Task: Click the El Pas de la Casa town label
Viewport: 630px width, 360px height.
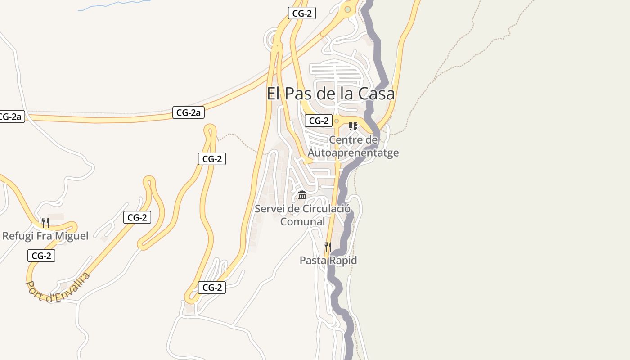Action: coord(331,94)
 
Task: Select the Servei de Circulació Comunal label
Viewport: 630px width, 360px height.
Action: coord(302,215)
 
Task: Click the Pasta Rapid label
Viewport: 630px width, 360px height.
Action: coord(328,260)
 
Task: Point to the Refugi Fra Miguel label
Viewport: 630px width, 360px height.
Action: coord(45,235)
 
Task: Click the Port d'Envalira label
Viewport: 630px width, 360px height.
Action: coord(58,287)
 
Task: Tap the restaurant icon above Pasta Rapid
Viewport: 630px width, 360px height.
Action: coord(328,247)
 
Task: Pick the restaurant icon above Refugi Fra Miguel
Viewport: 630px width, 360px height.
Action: coord(45,222)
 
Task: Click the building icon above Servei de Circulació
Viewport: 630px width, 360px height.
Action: coord(302,195)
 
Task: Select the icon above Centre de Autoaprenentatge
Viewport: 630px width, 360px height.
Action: coord(353,126)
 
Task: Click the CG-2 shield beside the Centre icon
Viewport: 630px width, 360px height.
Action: coord(319,121)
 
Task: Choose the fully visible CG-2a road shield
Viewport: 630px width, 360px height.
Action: coord(189,112)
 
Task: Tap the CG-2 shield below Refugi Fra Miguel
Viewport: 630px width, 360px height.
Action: coord(41,256)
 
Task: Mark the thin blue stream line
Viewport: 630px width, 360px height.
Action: coord(112,4)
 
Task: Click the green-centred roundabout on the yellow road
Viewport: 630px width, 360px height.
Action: coord(347,9)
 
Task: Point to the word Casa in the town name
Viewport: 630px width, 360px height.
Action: coord(377,94)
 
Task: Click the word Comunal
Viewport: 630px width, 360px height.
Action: coord(302,221)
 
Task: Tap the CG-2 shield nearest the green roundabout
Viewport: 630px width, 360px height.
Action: coord(302,13)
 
